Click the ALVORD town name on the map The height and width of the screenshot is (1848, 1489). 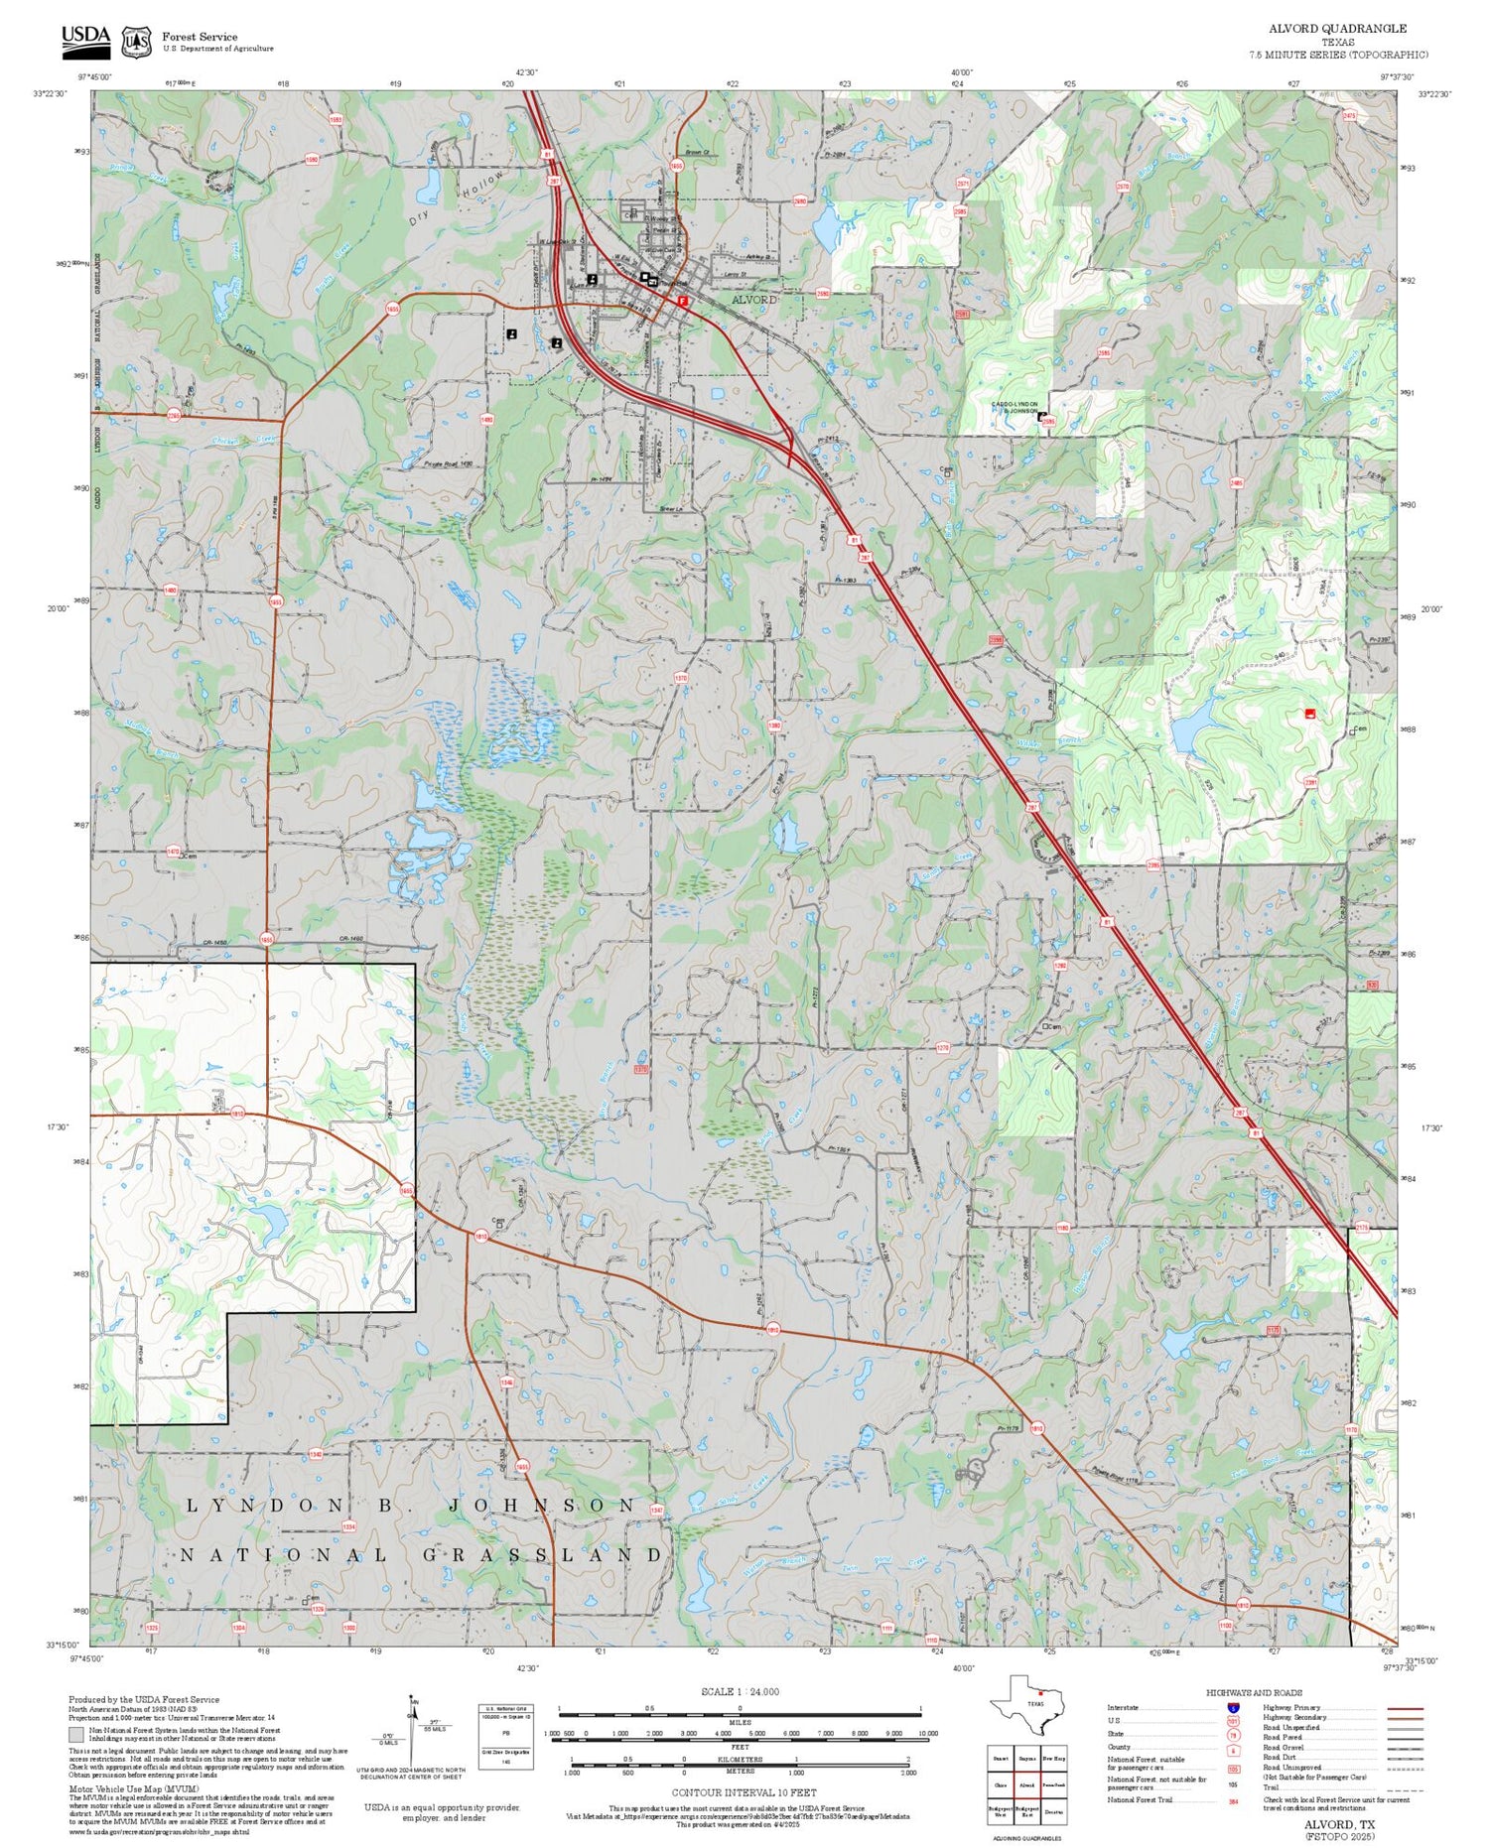(x=754, y=300)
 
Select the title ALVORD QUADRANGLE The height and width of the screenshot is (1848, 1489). (x=1337, y=28)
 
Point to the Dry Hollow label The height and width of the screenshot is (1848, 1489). (x=457, y=198)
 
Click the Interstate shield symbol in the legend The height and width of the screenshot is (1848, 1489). (x=1233, y=1707)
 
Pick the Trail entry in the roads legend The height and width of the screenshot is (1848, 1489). (x=1272, y=1787)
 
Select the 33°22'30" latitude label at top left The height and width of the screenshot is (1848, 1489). (x=50, y=93)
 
